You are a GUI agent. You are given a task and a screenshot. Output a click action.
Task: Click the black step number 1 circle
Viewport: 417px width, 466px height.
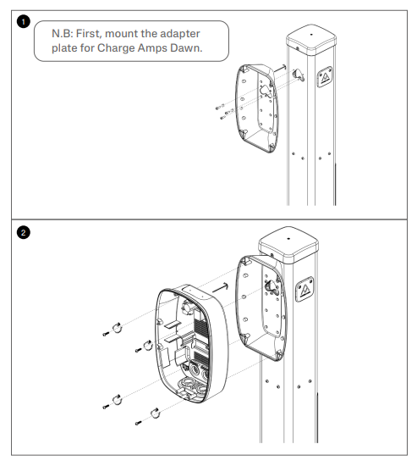tap(23, 22)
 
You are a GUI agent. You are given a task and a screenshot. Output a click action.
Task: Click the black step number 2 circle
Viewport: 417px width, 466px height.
tap(23, 232)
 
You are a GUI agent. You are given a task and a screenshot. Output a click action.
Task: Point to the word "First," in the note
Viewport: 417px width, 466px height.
tap(89, 34)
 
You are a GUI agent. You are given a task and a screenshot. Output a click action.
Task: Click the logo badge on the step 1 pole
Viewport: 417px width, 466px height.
tap(325, 77)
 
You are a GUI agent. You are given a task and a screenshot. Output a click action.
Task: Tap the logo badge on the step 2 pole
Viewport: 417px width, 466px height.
tap(305, 289)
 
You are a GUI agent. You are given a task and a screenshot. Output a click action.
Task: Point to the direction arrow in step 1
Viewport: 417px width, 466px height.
tap(280, 69)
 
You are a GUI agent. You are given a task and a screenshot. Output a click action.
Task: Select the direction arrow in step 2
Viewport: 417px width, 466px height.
tap(221, 287)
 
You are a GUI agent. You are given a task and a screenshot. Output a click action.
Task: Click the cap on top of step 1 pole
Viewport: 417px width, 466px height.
tap(311, 40)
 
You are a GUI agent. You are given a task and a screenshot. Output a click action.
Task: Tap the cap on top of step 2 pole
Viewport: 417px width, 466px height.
tap(288, 245)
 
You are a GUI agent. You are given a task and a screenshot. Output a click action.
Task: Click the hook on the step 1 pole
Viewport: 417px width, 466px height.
tap(299, 75)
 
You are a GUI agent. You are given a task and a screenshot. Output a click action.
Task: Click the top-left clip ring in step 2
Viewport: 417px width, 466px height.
tap(118, 328)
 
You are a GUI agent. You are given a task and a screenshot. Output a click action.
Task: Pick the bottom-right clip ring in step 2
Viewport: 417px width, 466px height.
tap(156, 413)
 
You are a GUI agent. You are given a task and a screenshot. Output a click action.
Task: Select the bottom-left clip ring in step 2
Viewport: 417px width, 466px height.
tap(118, 400)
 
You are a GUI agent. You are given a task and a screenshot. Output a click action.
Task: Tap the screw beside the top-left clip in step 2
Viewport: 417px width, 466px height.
tap(106, 335)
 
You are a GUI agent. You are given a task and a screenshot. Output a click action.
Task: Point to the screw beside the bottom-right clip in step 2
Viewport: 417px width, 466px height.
tap(139, 423)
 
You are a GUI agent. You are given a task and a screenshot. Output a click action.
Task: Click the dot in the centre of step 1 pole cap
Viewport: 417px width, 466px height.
tap(311, 35)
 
